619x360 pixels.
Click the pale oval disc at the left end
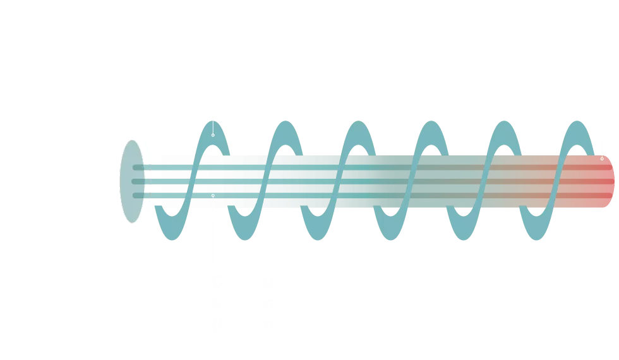131,181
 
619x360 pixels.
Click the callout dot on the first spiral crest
213,135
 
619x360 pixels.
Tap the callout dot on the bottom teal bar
213,196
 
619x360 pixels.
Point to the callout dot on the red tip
601,159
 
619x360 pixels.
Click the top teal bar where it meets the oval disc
140,167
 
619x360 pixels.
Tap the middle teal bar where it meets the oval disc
140,182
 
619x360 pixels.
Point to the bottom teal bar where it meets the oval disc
140,196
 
